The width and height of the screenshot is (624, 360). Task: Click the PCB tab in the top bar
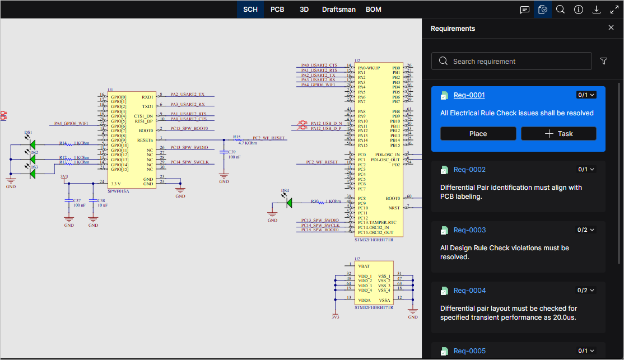pos(277,10)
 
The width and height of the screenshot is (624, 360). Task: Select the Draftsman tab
pos(339,10)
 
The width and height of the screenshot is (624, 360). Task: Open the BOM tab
pos(374,10)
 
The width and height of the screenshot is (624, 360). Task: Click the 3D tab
pos(304,10)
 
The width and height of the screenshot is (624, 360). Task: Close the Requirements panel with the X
pos(611,28)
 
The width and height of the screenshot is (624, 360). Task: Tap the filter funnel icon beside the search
pos(604,61)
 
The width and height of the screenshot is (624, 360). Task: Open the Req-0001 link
pos(469,95)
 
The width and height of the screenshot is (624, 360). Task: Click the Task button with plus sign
pos(558,134)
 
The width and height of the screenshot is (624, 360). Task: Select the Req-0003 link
pos(469,230)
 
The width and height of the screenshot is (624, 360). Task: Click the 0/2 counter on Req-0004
pos(586,291)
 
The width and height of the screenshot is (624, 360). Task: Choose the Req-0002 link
pos(469,170)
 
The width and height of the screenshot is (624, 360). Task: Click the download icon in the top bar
pos(597,10)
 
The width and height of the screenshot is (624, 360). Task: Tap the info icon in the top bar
pos(579,10)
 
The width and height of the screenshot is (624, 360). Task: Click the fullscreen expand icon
pos(614,10)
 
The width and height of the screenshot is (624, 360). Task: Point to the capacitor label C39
pos(232,152)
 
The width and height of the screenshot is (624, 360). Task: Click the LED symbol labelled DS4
pos(289,202)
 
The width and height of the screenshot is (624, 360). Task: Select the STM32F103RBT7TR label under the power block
pos(374,308)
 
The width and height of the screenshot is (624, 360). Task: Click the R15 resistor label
pos(237,137)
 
